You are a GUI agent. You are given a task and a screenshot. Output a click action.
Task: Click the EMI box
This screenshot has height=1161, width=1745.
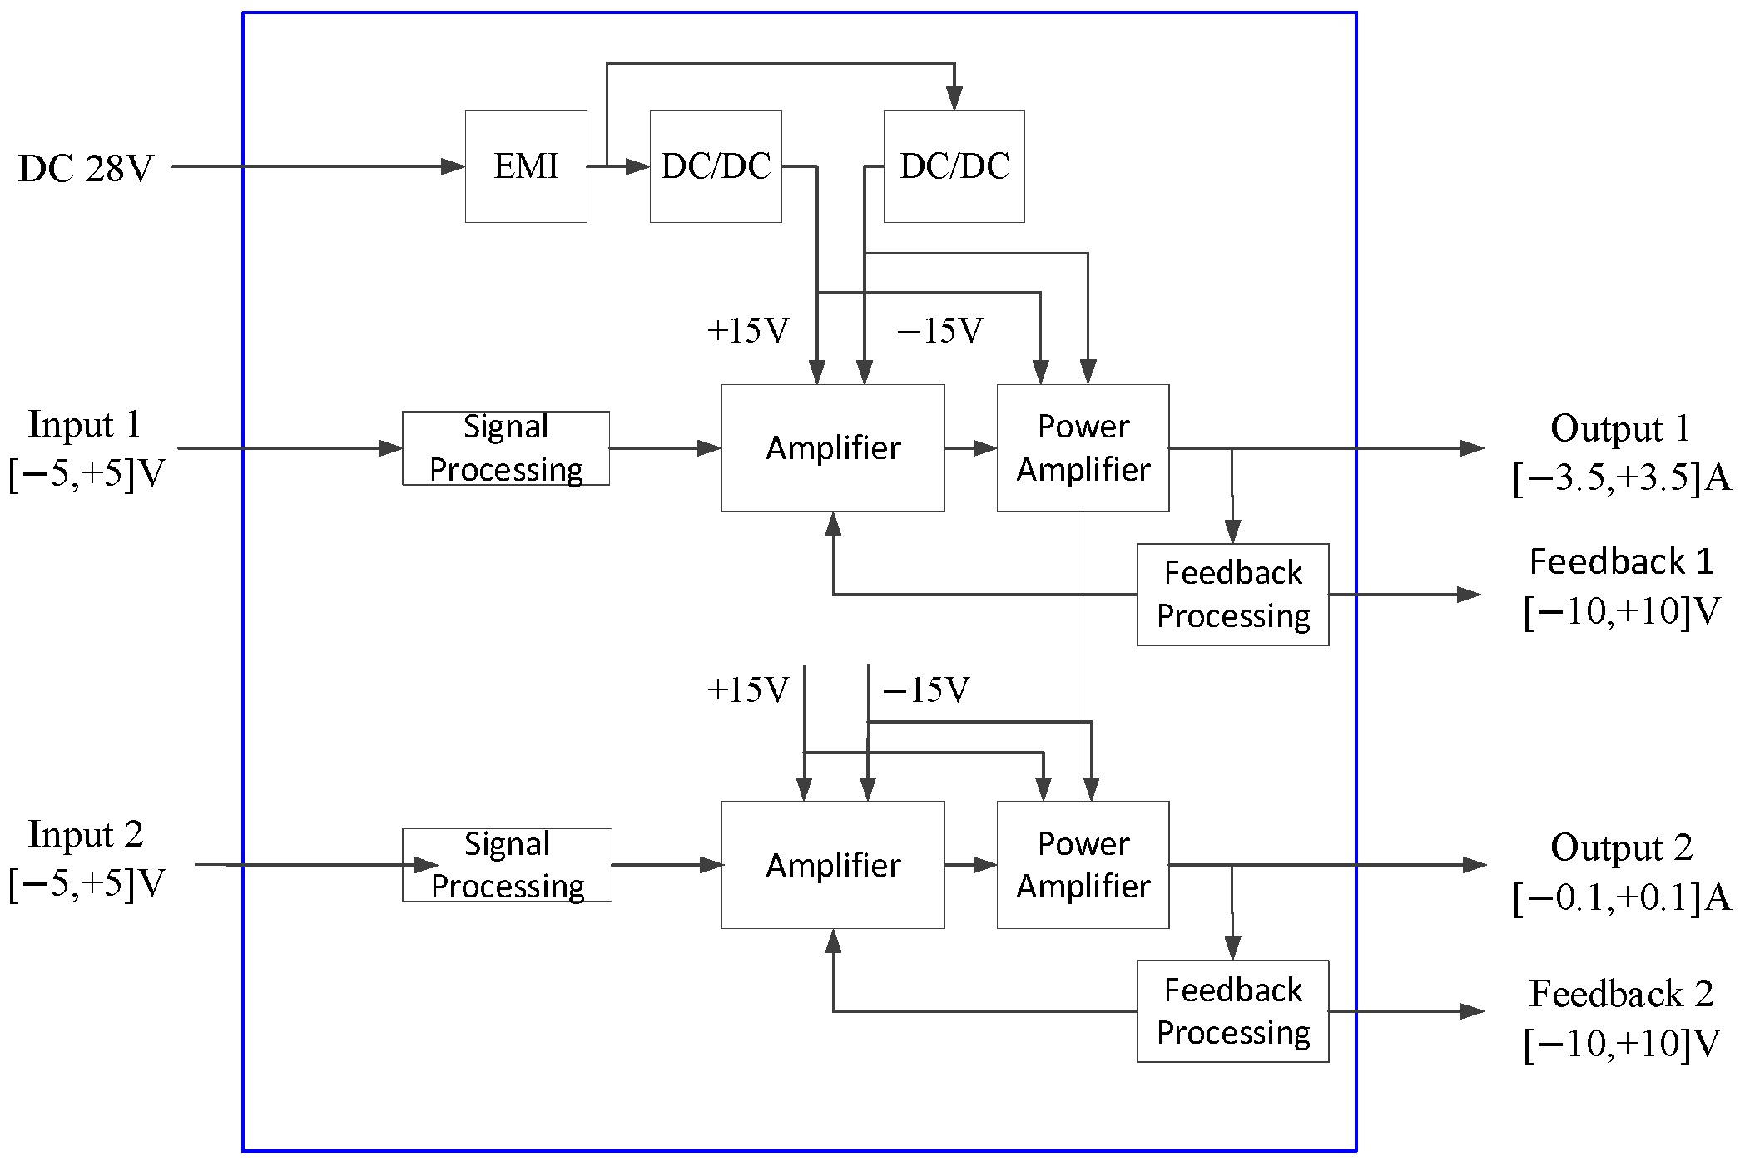click(526, 166)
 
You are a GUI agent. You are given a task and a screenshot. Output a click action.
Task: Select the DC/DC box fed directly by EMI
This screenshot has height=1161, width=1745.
click(716, 166)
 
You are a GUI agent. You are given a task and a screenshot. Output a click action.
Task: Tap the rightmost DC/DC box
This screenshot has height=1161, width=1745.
click(954, 166)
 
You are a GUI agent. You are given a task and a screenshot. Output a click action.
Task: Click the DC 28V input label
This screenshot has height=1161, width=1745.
click(86, 169)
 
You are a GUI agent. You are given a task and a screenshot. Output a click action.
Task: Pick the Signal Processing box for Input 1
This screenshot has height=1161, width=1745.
click(506, 448)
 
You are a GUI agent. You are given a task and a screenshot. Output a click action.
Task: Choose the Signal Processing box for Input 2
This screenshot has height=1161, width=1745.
click(507, 865)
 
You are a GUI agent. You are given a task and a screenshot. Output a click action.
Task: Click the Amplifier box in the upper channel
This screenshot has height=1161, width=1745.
click(833, 448)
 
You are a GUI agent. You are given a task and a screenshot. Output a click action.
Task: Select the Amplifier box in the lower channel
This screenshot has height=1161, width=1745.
click(833, 865)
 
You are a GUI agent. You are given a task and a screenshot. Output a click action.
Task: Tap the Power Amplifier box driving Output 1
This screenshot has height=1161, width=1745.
click(1083, 448)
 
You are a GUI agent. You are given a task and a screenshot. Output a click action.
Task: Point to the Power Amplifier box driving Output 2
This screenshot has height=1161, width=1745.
click(1083, 865)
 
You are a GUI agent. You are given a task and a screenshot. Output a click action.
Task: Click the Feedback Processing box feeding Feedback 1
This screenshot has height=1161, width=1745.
click(1232, 595)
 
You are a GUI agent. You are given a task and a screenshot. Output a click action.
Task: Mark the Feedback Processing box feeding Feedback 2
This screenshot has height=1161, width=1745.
click(1232, 1011)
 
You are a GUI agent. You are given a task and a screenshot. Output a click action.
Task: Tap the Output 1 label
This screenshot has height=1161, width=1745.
click(1620, 428)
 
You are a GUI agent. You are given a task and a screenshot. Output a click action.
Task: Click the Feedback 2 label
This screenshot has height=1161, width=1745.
click(1621, 994)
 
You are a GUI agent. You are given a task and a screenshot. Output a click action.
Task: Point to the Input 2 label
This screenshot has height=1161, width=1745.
click(86, 834)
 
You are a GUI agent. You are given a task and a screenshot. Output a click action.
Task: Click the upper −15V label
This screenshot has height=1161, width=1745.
click(939, 331)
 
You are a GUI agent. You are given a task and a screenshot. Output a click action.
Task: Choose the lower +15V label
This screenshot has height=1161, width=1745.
click(747, 690)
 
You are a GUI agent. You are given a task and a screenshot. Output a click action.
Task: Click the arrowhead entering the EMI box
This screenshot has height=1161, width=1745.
click(454, 166)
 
